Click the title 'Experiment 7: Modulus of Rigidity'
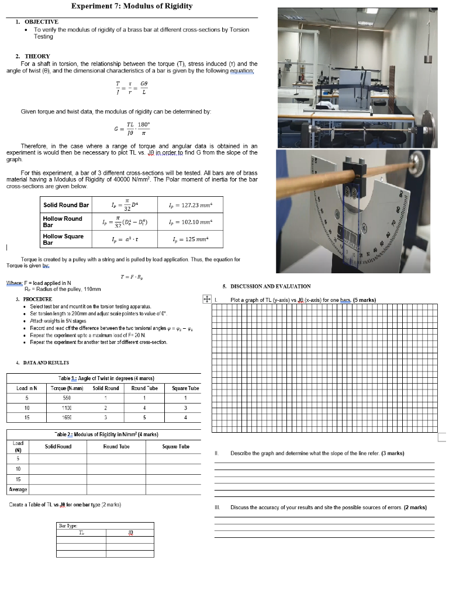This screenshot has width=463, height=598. click(x=132, y=6)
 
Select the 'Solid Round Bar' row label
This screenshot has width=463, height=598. click(x=66, y=205)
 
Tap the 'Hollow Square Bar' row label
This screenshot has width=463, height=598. click(x=63, y=239)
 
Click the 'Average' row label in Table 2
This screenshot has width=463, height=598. click(x=18, y=489)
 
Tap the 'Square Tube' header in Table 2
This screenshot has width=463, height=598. click(x=175, y=447)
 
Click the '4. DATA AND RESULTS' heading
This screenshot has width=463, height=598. click(x=39, y=362)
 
